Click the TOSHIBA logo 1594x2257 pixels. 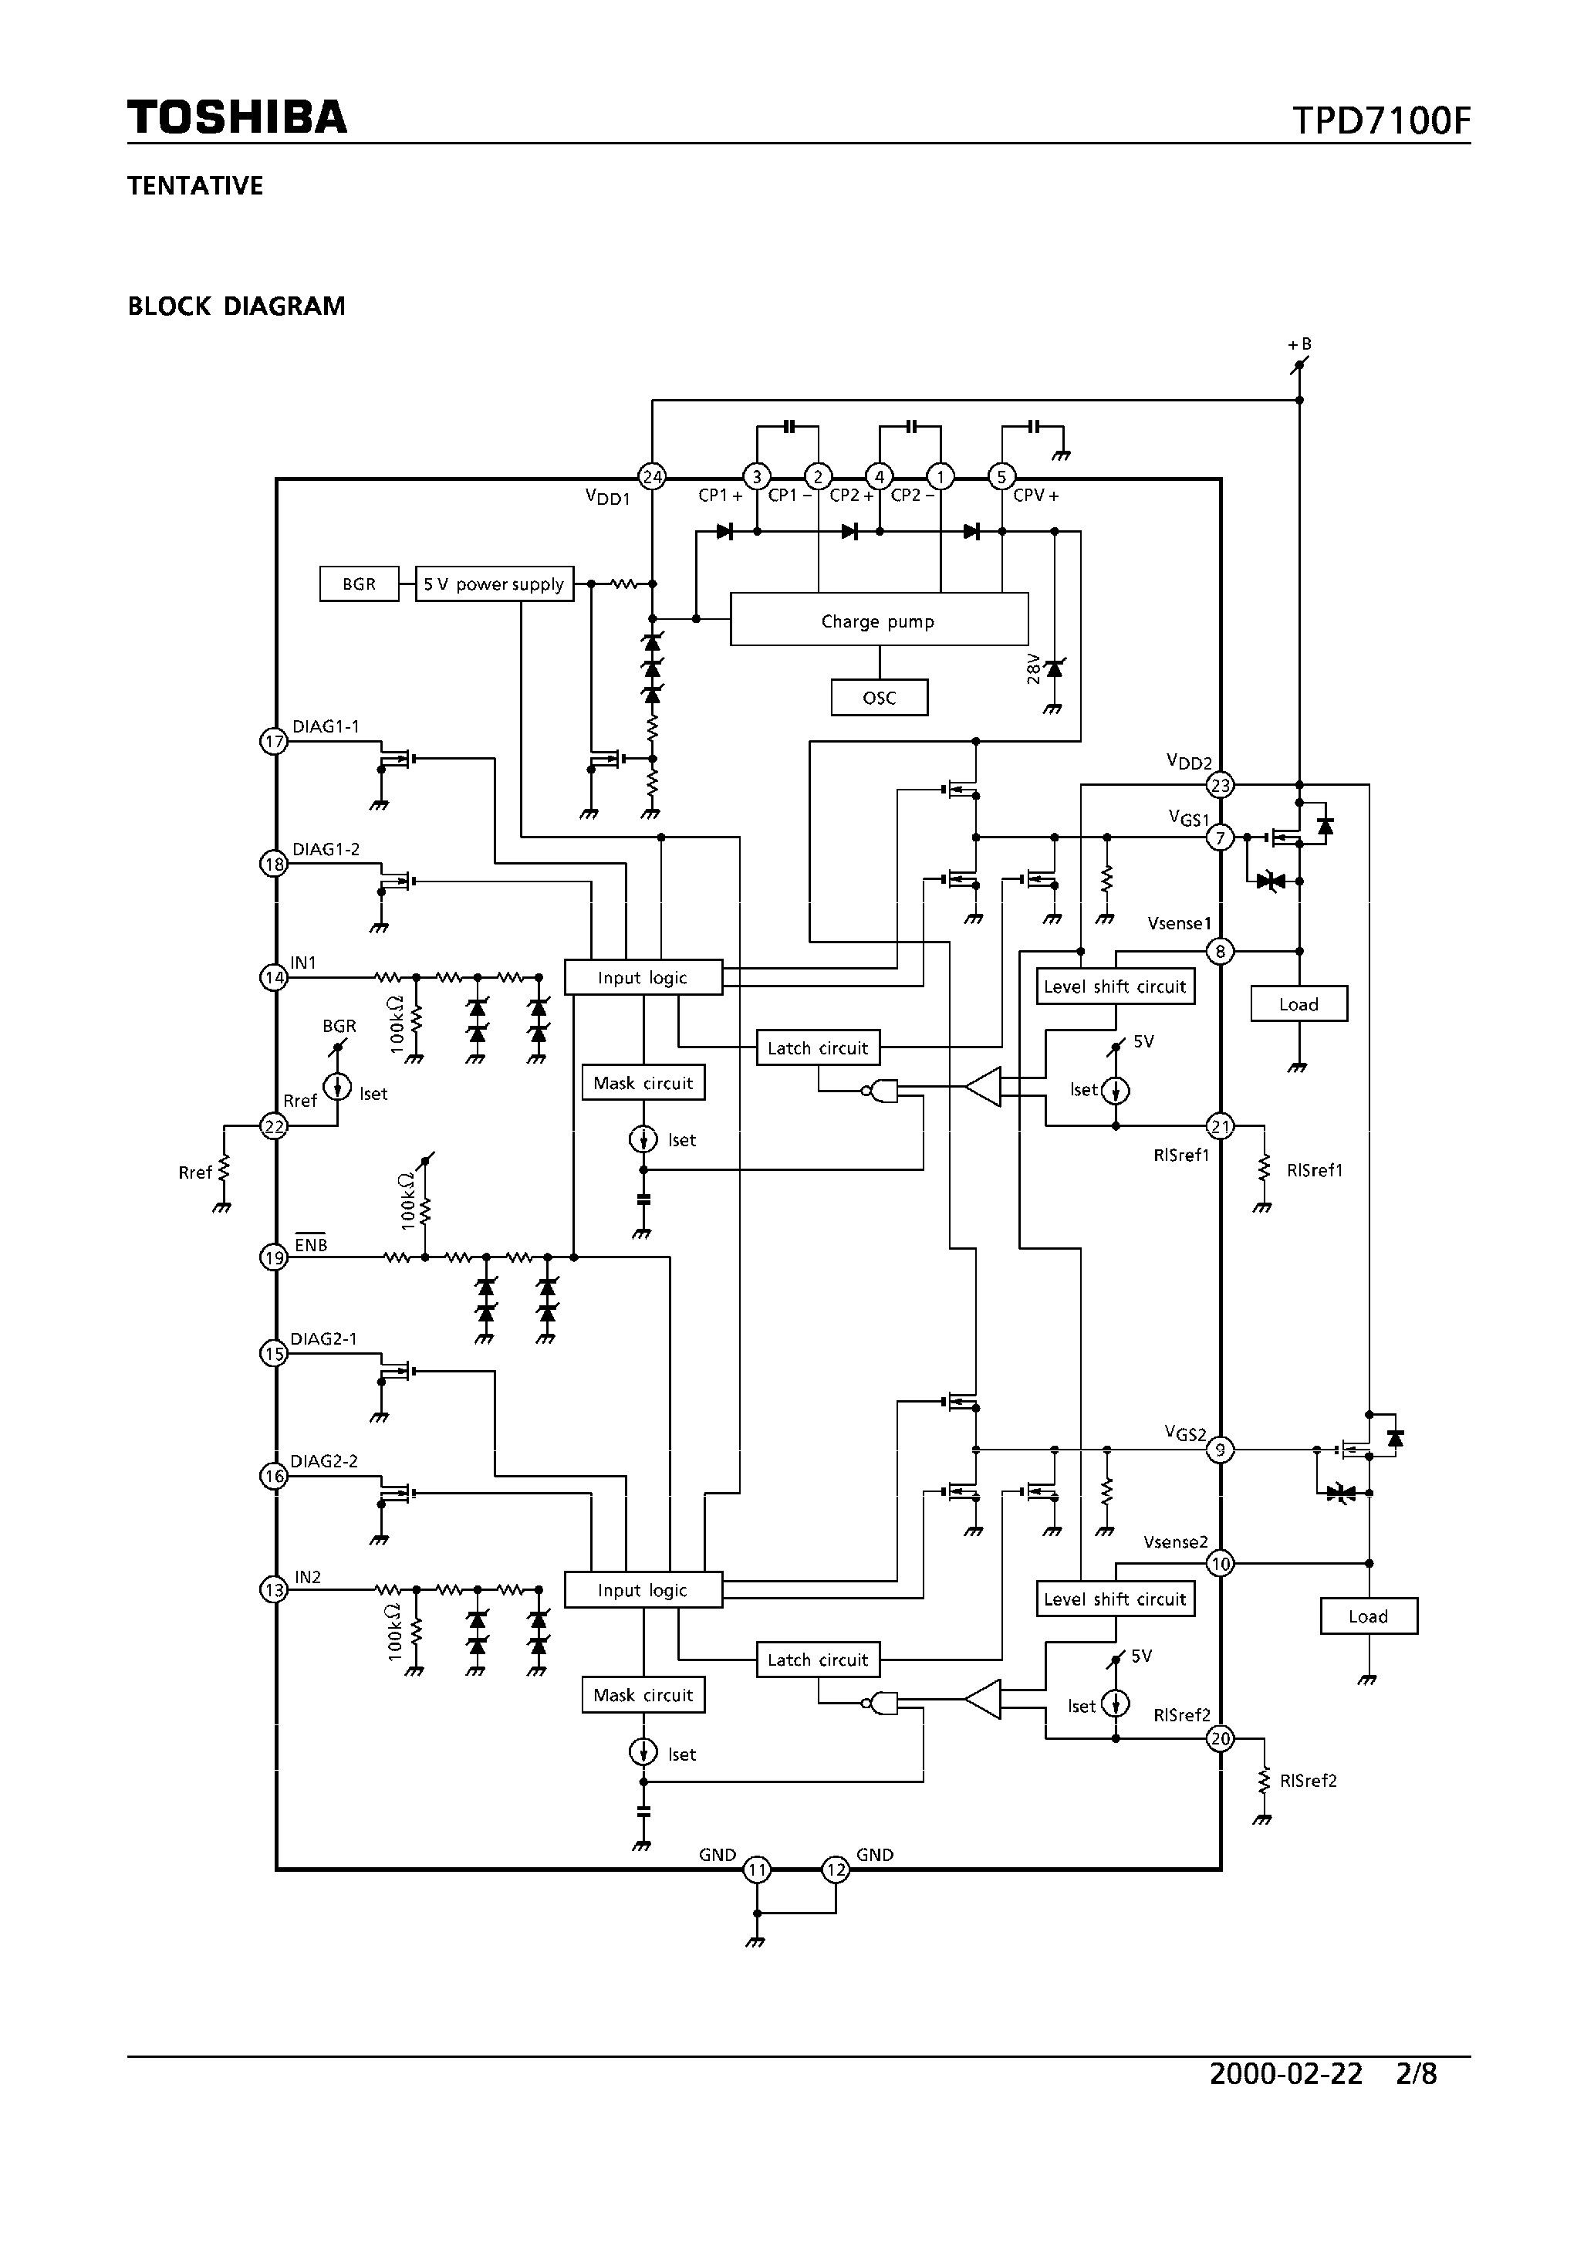(x=237, y=117)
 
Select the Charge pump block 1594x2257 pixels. (x=879, y=621)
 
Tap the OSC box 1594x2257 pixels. (x=879, y=698)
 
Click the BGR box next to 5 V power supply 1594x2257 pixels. (x=359, y=584)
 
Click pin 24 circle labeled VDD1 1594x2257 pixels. (x=651, y=477)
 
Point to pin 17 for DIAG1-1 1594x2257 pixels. (x=273, y=741)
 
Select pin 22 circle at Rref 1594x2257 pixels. (x=273, y=1126)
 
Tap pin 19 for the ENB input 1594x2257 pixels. (x=273, y=1257)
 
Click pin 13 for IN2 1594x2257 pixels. (x=273, y=1589)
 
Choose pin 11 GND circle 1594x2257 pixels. (x=756, y=1869)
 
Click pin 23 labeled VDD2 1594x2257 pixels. (x=1221, y=786)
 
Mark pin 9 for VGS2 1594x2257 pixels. (x=1221, y=1449)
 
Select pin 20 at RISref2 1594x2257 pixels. (x=1221, y=1738)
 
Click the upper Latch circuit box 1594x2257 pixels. (x=818, y=1048)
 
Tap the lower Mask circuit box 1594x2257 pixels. (x=643, y=1695)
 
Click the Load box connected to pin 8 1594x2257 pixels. (x=1299, y=1003)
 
